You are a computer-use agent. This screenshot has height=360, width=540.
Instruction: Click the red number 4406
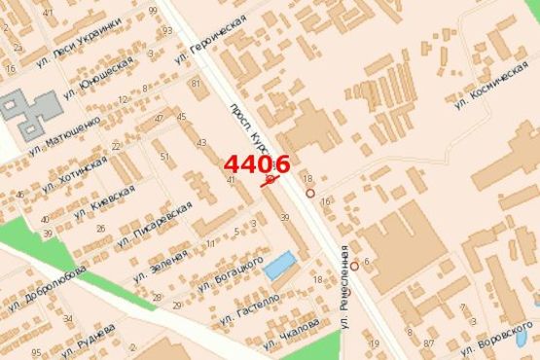257,164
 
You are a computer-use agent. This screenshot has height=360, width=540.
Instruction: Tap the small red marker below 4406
270,180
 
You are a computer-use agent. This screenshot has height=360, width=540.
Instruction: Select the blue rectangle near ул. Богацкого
280,264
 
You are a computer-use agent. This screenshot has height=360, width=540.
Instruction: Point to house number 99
153,11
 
